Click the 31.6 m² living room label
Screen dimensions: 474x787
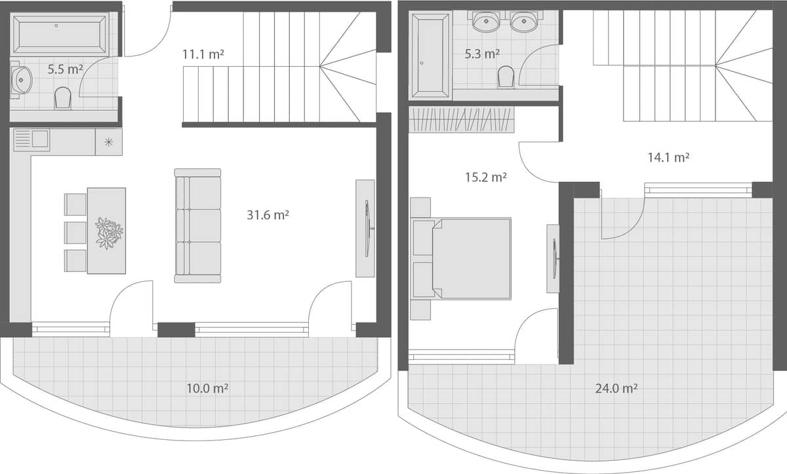[268, 214]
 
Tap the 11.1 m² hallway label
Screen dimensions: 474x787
[203, 54]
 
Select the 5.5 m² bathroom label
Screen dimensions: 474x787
[65, 68]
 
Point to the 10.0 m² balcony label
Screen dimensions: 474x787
[207, 388]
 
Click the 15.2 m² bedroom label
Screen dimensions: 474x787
[485, 177]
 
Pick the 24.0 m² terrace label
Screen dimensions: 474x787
[616, 388]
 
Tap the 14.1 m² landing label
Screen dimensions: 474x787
[668, 157]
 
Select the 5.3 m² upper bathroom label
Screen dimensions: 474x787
[482, 54]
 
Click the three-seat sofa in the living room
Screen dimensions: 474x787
[197, 226]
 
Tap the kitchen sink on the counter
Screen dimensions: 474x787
[31, 140]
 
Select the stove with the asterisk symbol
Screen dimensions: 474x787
[108, 142]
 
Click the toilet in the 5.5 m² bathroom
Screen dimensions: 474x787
[63, 98]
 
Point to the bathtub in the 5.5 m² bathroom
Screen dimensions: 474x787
[60, 34]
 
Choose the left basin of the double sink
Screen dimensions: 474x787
[485, 23]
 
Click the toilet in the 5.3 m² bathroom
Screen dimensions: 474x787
[506, 77]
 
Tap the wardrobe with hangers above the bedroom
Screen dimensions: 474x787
[461, 119]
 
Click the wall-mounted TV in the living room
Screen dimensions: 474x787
[366, 227]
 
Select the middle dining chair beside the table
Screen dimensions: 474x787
[75, 232]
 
